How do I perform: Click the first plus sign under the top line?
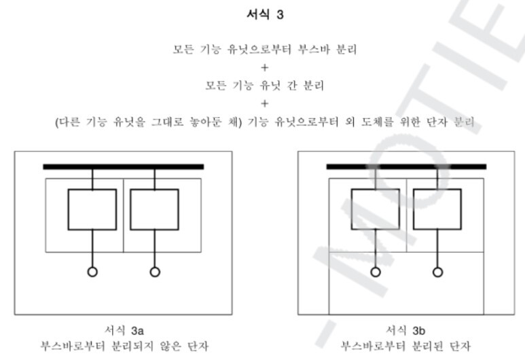(x=265, y=68)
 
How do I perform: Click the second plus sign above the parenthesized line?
(x=265, y=104)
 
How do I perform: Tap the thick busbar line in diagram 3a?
(x=123, y=166)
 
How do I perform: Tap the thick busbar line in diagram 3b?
(x=406, y=166)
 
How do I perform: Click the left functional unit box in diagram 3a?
(x=92, y=209)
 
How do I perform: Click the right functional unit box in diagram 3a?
(x=154, y=209)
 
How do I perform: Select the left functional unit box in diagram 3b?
(x=375, y=209)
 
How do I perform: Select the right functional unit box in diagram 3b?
(x=438, y=209)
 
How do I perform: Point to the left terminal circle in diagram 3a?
(x=92, y=272)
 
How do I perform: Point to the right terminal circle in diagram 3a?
(x=155, y=272)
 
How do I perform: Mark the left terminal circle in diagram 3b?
(x=376, y=272)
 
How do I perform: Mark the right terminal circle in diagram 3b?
(x=438, y=272)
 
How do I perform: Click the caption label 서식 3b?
(x=405, y=331)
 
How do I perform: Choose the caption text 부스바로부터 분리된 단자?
(x=405, y=346)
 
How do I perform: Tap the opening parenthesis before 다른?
(x=57, y=122)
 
